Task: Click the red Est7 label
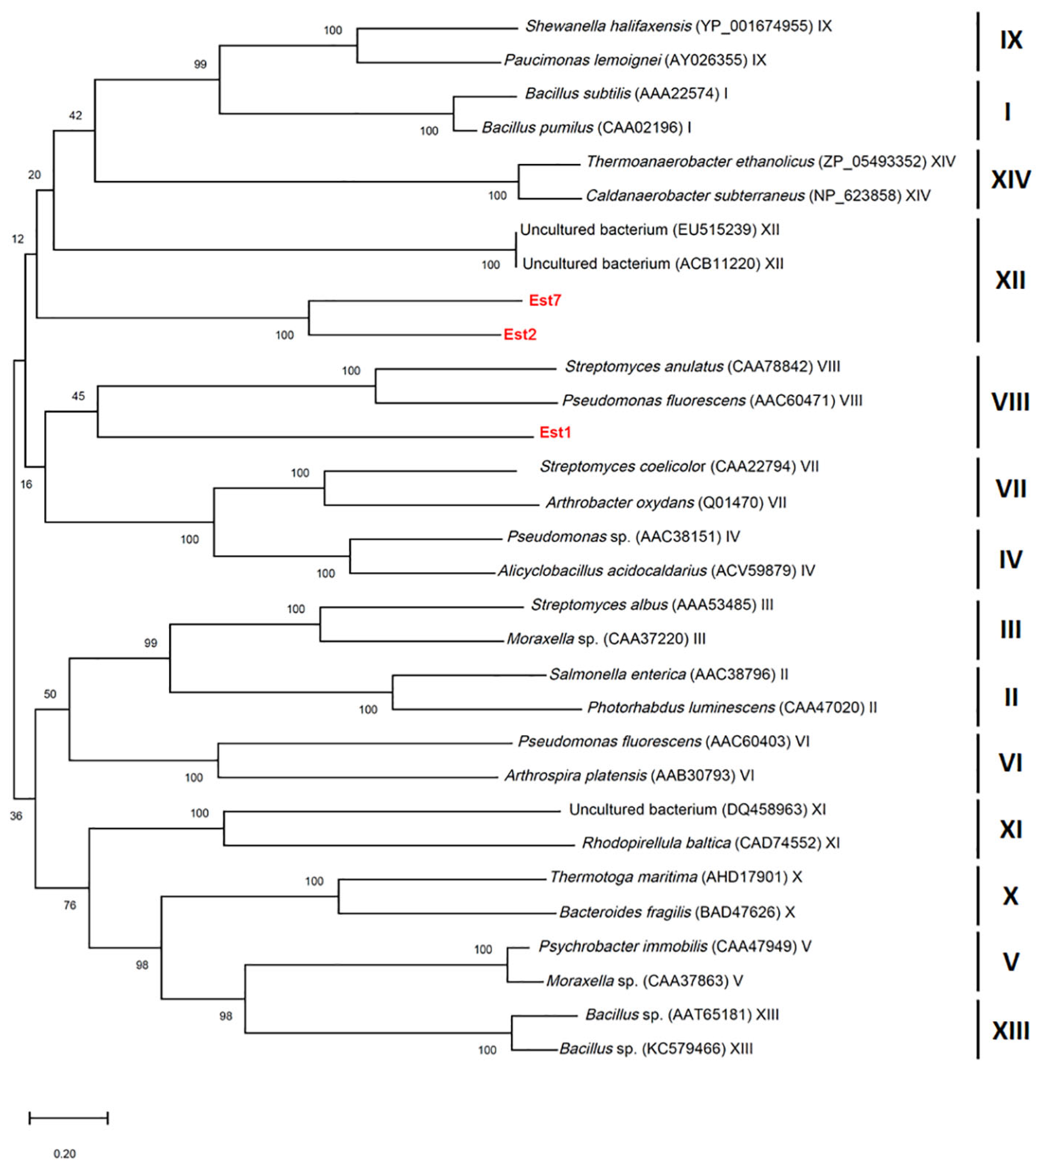tap(544, 300)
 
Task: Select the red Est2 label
tap(519, 335)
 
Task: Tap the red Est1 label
tap(555, 433)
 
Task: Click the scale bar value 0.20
tap(65, 1153)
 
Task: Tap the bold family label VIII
tap(1010, 402)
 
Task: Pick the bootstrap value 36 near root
tap(16, 816)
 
